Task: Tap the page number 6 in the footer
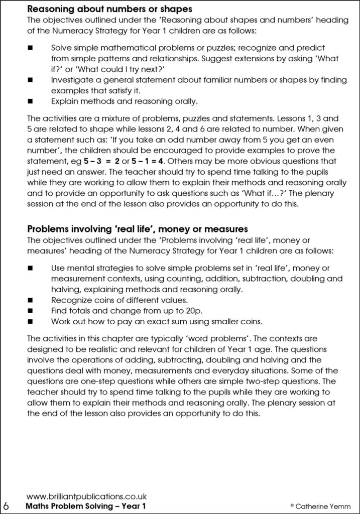[x=7, y=504]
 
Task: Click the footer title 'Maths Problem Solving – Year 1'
[x=86, y=505]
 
